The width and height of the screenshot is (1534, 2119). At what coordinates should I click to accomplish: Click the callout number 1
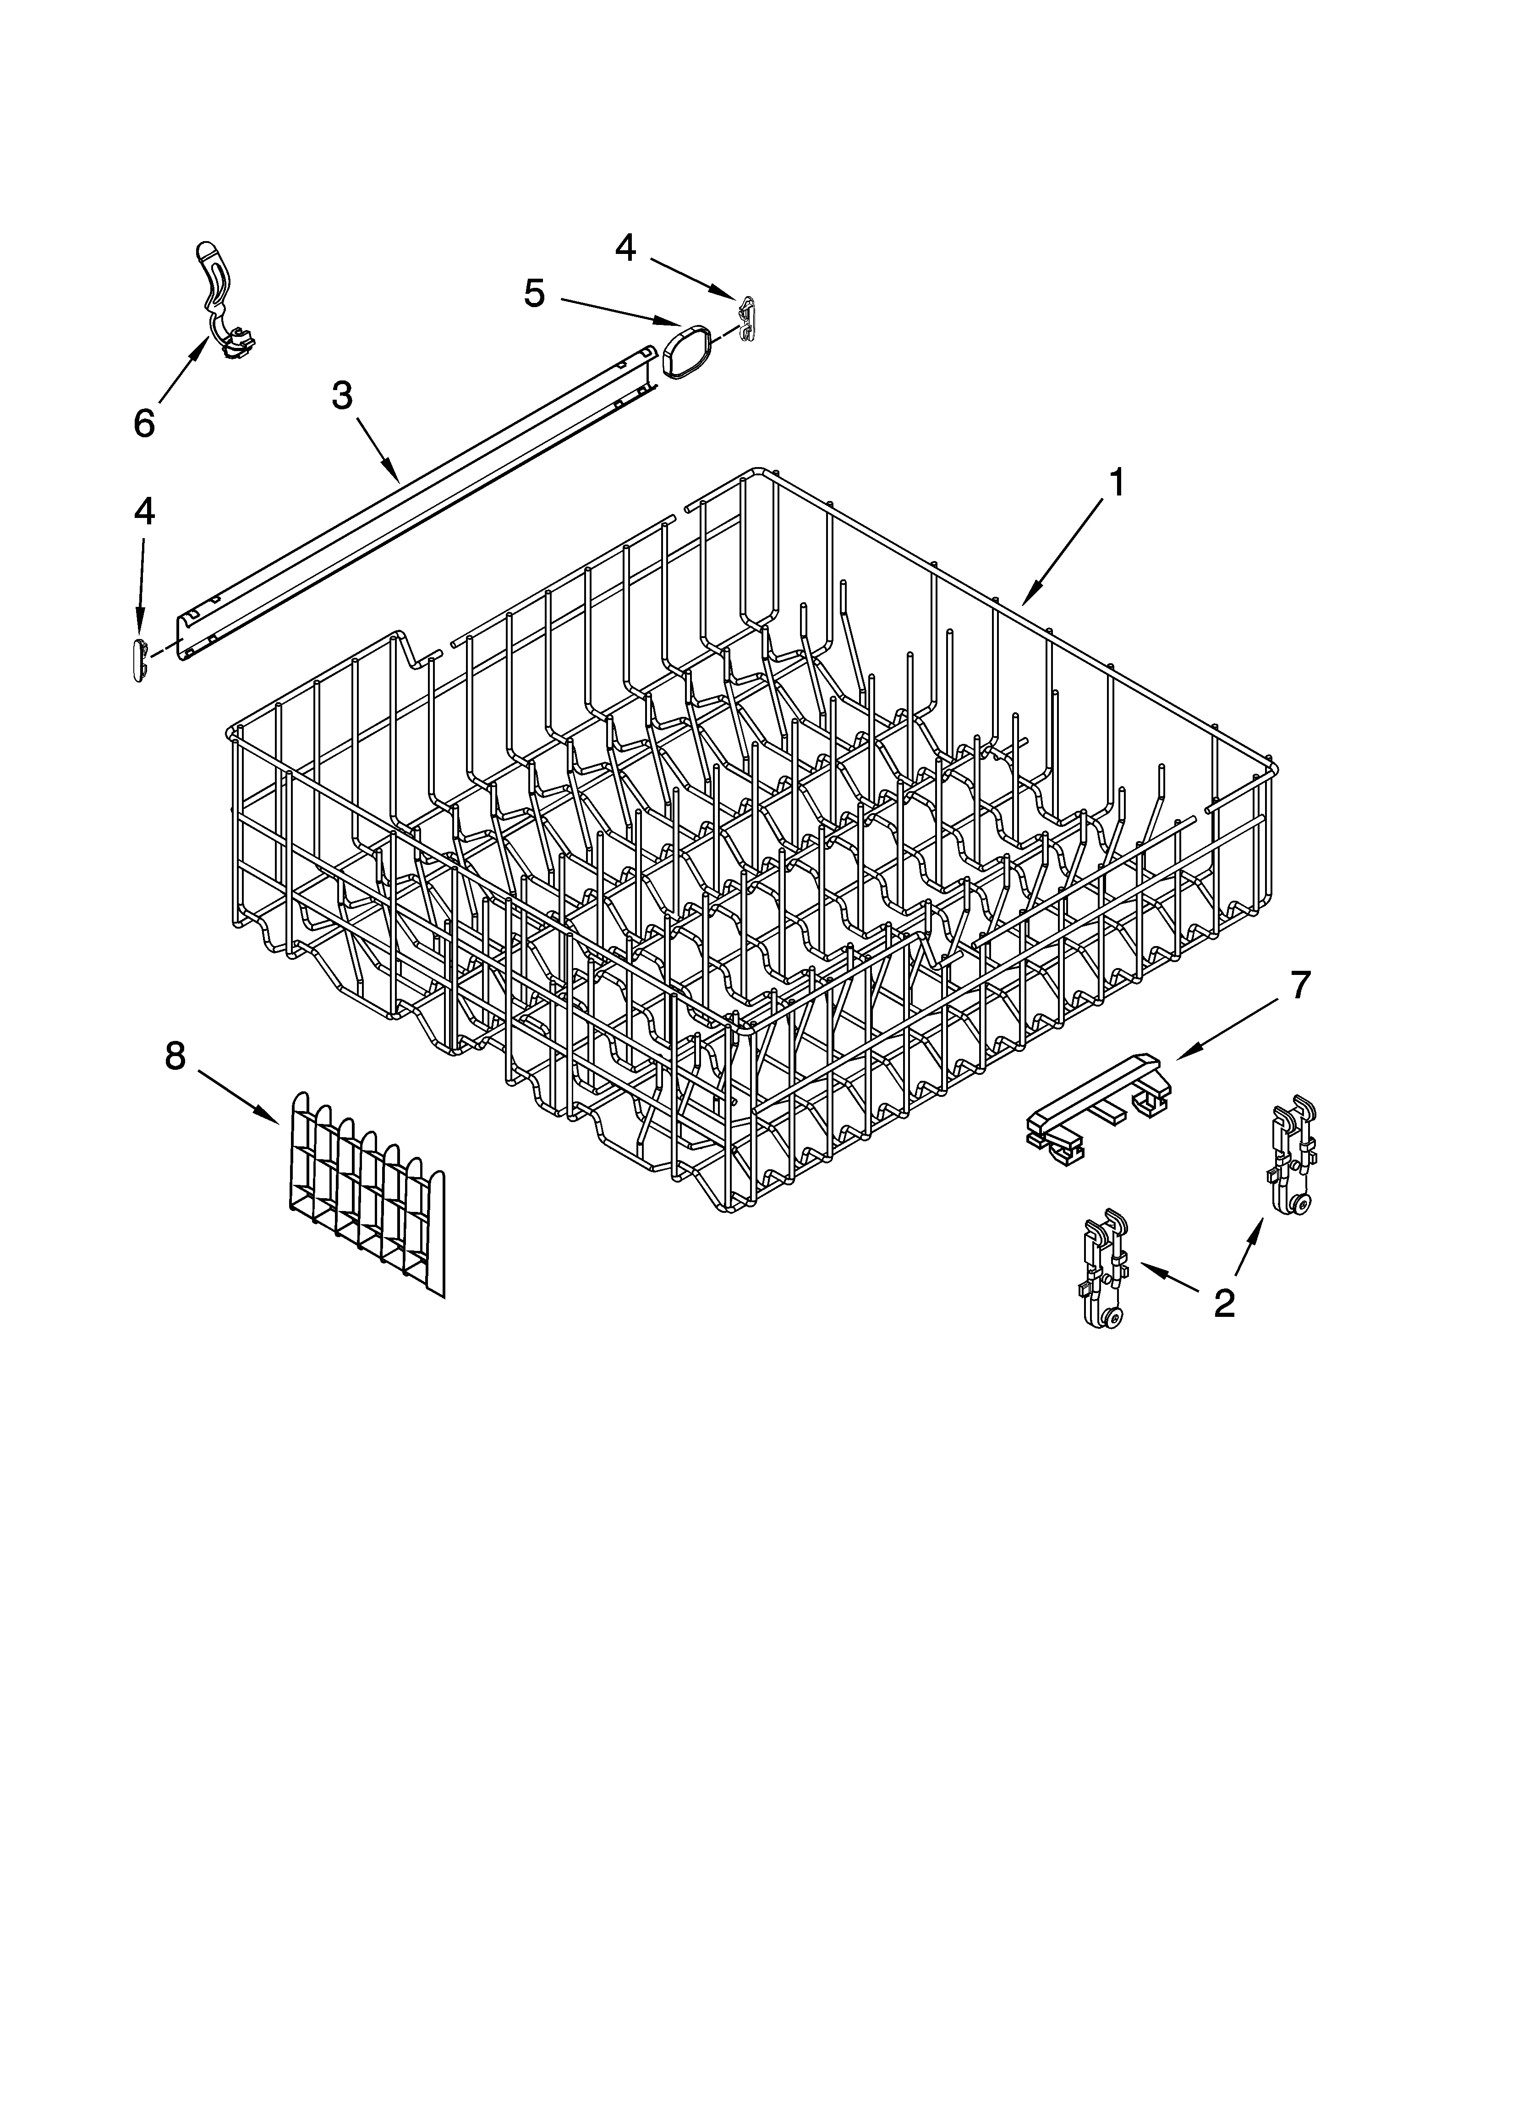1114,484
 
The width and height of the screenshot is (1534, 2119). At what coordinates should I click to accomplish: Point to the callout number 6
144,423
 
